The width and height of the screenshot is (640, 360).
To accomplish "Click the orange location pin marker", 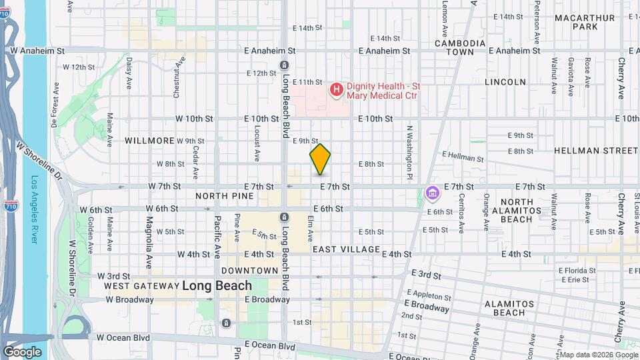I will coord(320,159).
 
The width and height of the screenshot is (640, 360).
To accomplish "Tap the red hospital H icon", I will coord(337,89).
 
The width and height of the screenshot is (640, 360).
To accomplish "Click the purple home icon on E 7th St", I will coord(432,193).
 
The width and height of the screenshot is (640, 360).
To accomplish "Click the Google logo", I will coord(22,352).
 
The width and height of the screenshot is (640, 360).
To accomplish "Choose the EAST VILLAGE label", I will coord(345,249).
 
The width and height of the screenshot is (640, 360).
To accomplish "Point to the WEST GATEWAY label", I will coord(141,286).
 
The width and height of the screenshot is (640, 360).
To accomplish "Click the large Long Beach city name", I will coord(217,285).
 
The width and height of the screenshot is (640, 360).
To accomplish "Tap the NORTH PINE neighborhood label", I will coord(224,196).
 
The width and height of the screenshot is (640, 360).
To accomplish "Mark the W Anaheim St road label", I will coord(37,50).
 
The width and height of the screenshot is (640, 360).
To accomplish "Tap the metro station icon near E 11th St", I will coord(285,65).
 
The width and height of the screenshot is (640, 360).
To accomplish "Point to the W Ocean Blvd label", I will coord(123,337).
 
